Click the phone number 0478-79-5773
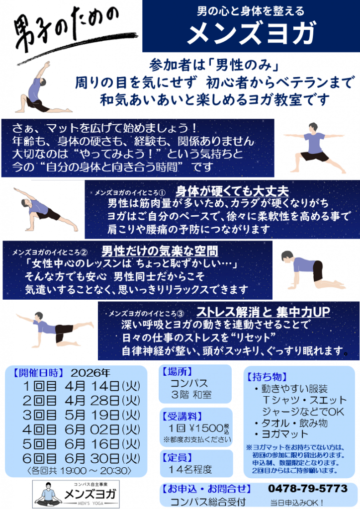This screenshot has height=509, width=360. [x=307, y=488]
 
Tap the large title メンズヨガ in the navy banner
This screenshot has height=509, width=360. [x=251, y=32]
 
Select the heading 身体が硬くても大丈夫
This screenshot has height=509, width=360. [x=232, y=191]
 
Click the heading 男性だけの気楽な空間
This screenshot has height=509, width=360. [x=160, y=251]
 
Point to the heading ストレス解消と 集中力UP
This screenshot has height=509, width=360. [x=263, y=312]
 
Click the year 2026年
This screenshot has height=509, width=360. [x=90, y=373]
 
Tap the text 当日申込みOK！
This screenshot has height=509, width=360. [x=296, y=502]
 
